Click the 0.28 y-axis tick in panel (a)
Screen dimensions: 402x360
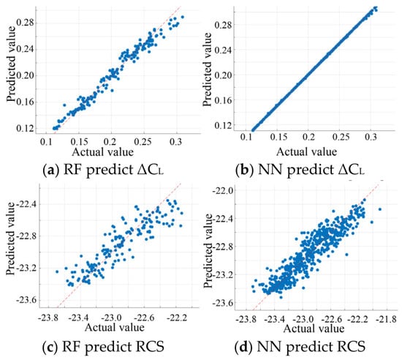(25, 23)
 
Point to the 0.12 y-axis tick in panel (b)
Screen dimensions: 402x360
(223, 125)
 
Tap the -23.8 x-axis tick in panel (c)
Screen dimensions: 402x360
(48, 318)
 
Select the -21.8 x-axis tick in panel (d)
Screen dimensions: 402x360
(387, 320)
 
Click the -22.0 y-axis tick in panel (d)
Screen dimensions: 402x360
(222, 191)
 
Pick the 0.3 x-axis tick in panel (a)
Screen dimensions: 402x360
(175, 141)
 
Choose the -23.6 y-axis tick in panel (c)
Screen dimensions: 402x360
(26, 300)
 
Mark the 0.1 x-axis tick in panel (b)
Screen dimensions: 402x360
(246, 137)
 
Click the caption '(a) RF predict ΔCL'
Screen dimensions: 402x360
(103, 170)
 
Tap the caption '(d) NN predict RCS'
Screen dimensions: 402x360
(300, 347)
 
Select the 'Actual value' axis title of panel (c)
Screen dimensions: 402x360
(114, 327)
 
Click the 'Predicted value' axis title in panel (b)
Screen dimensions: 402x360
(207, 70)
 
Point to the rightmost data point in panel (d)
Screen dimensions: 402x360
(380, 209)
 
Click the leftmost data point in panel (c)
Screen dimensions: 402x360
(57, 271)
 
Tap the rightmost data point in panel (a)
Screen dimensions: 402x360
(183, 17)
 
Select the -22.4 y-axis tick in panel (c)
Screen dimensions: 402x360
(26, 204)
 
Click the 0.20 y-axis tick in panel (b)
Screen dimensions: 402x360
(223, 75)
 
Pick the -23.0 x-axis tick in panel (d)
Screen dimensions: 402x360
(304, 320)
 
